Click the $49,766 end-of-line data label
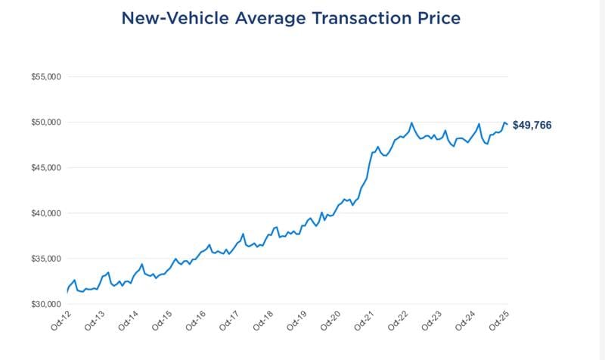[532, 126]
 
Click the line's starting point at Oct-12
[68, 290]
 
